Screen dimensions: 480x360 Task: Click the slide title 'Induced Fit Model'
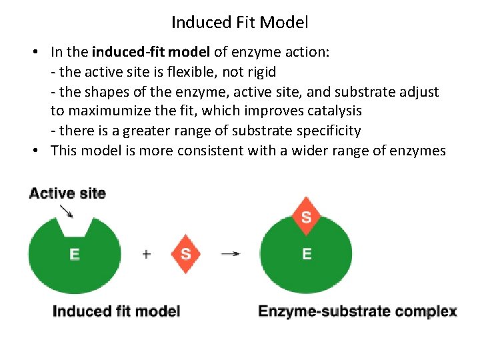[x=239, y=23]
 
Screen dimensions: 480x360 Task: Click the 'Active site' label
[x=67, y=193]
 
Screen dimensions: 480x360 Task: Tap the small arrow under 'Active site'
[x=67, y=211]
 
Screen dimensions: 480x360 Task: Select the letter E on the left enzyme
[x=75, y=254]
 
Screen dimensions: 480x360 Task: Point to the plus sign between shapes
[x=146, y=253]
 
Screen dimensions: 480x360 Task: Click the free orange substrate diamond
[x=185, y=254]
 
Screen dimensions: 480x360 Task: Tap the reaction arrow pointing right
[x=231, y=253]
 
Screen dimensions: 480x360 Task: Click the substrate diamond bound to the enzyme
[x=306, y=217]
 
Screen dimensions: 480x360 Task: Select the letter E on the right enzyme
[x=307, y=254]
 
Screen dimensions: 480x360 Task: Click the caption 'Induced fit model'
[x=116, y=311]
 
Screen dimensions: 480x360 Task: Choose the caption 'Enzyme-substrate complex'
[x=357, y=311]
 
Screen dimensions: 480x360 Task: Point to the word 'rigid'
[x=261, y=71]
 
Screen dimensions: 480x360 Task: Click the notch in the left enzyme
[x=74, y=227]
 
